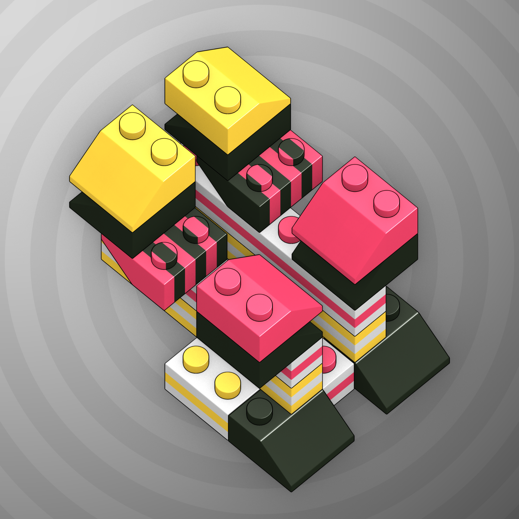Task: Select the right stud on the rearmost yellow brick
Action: click(227, 99)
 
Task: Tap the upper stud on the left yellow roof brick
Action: click(132, 125)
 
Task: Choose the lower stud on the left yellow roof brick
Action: click(164, 151)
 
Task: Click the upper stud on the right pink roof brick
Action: click(355, 177)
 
